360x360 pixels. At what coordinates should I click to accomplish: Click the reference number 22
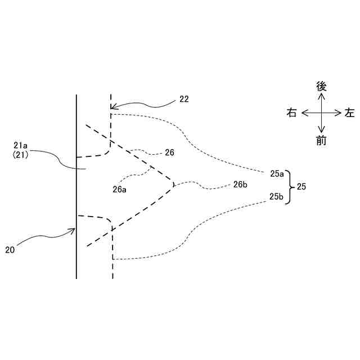(x=184, y=99)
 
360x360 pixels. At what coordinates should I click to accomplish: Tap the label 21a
(x=21, y=146)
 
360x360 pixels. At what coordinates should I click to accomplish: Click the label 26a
(x=119, y=190)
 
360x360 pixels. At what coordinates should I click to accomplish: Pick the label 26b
(x=240, y=184)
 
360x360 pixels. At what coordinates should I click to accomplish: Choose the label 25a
(x=277, y=174)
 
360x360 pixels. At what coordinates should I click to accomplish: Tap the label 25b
(x=277, y=196)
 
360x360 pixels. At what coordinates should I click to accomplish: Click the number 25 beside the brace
(x=301, y=186)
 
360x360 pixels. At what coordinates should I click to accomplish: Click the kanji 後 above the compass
(x=321, y=86)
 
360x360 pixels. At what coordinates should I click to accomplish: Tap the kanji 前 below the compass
(x=321, y=141)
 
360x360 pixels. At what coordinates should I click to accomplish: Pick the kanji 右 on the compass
(x=291, y=113)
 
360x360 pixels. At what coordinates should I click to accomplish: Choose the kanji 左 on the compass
(x=350, y=113)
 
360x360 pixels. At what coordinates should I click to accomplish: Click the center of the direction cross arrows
(x=321, y=113)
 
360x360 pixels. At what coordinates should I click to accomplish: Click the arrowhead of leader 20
(x=74, y=229)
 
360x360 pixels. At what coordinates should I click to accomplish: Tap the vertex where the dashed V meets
(x=174, y=184)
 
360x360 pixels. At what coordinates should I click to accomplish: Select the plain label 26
(x=170, y=152)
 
